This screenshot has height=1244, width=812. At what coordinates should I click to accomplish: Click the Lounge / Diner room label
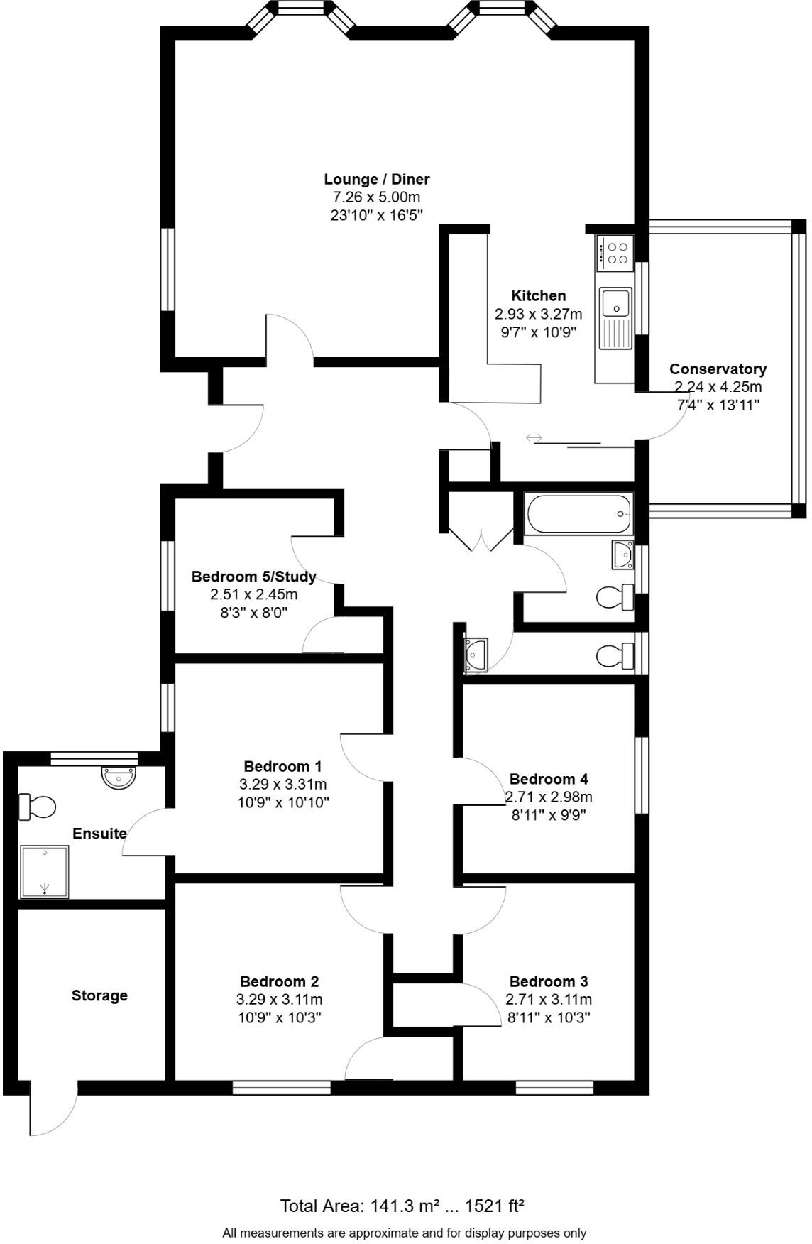tap(376, 180)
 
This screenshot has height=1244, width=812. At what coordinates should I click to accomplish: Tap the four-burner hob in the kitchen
tap(615, 253)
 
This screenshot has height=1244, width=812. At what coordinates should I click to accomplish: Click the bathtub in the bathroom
tap(578, 514)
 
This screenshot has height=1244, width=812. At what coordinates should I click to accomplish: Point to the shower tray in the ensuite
tap(45, 871)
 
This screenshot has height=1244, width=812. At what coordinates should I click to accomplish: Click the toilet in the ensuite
tap(38, 807)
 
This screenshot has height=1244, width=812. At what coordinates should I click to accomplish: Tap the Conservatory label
tap(718, 369)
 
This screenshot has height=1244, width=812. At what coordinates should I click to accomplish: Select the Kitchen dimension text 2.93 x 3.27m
tap(538, 314)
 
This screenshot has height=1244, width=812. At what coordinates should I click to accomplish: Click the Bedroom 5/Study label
tap(253, 577)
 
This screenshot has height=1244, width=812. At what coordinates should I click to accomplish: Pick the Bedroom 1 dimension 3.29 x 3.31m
tap(282, 785)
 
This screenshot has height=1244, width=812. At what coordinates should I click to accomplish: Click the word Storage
tap(99, 995)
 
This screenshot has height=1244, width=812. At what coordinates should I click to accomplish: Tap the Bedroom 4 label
tap(548, 779)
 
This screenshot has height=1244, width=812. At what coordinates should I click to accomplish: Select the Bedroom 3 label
tap(548, 981)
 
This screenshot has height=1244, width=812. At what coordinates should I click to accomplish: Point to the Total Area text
tap(402, 1206)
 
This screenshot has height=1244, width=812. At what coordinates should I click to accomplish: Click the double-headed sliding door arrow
tap(534, 437)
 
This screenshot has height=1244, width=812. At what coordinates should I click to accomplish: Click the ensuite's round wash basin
tap(119, 777)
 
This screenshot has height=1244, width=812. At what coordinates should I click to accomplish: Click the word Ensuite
tap(99, 834)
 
